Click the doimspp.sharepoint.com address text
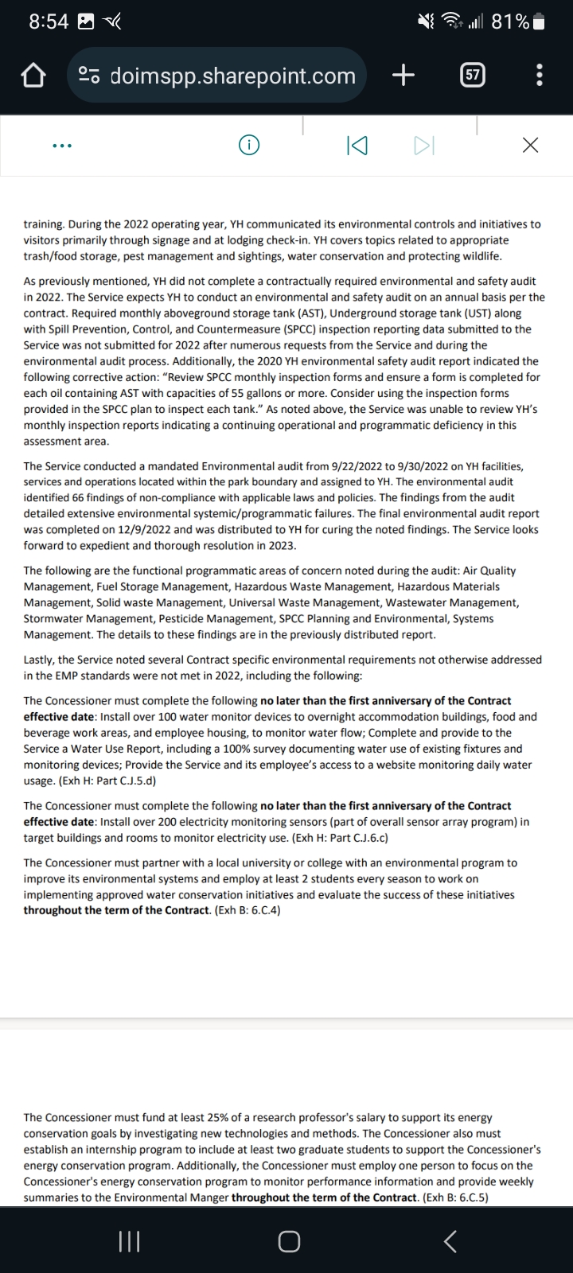click(232, 76)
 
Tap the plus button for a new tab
click(403, 76)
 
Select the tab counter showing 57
click(473, 76)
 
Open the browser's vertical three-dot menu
click(540, 76)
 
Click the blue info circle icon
click(250, 146)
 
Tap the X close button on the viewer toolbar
click(530, 146)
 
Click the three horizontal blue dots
click(62, 146)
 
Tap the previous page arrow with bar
click(357, 146)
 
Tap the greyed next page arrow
click(423, 146)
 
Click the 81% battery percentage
click(510, 22)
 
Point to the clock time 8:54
click(49, 22)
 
